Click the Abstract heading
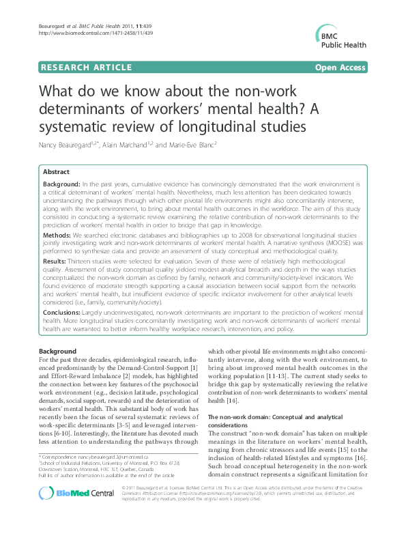57,172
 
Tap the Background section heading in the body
57,350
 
